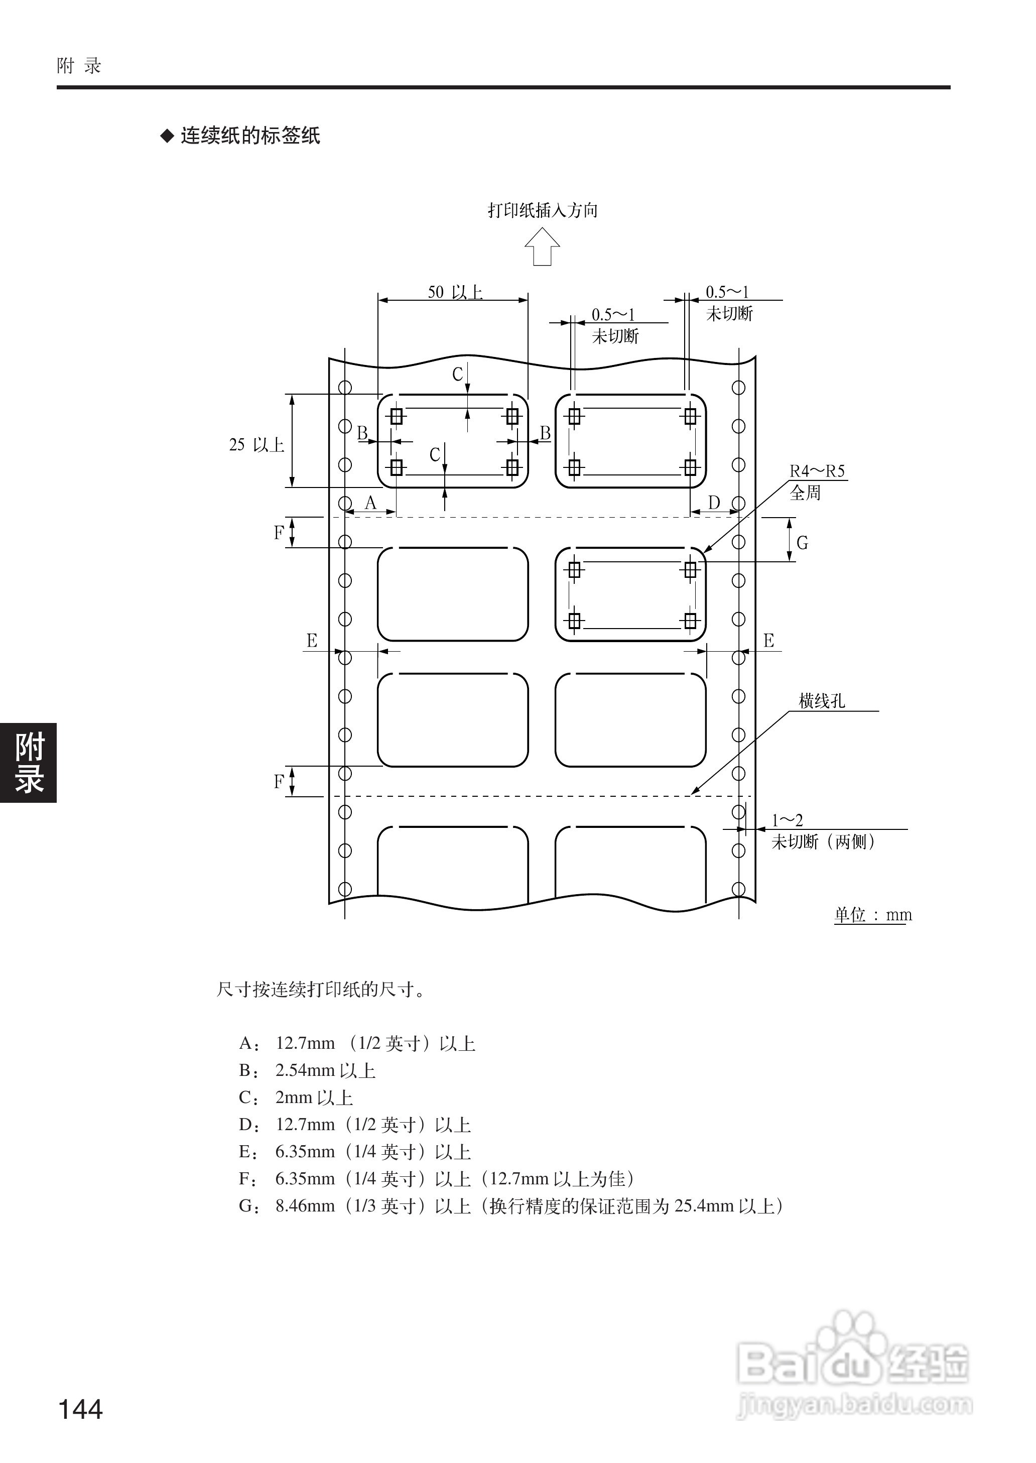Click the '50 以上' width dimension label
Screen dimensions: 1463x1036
[454, 292]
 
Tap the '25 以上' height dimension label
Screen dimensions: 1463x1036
[256, 445]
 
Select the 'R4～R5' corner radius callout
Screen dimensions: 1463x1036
[817, 471]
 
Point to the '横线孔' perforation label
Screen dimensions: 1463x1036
[822, 701]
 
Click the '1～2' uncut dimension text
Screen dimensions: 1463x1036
[787, 820]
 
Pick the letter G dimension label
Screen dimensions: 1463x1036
[802, 543]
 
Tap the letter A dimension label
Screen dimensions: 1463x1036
[370, 503]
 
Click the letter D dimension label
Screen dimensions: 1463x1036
[714, 503]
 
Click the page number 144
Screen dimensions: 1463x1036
[80, 1409]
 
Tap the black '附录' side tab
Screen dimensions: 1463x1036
[29, 763]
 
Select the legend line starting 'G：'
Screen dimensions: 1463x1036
[510, 1206]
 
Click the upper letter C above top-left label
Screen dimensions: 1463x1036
[457, 375]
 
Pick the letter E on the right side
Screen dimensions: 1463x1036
[768, 641]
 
